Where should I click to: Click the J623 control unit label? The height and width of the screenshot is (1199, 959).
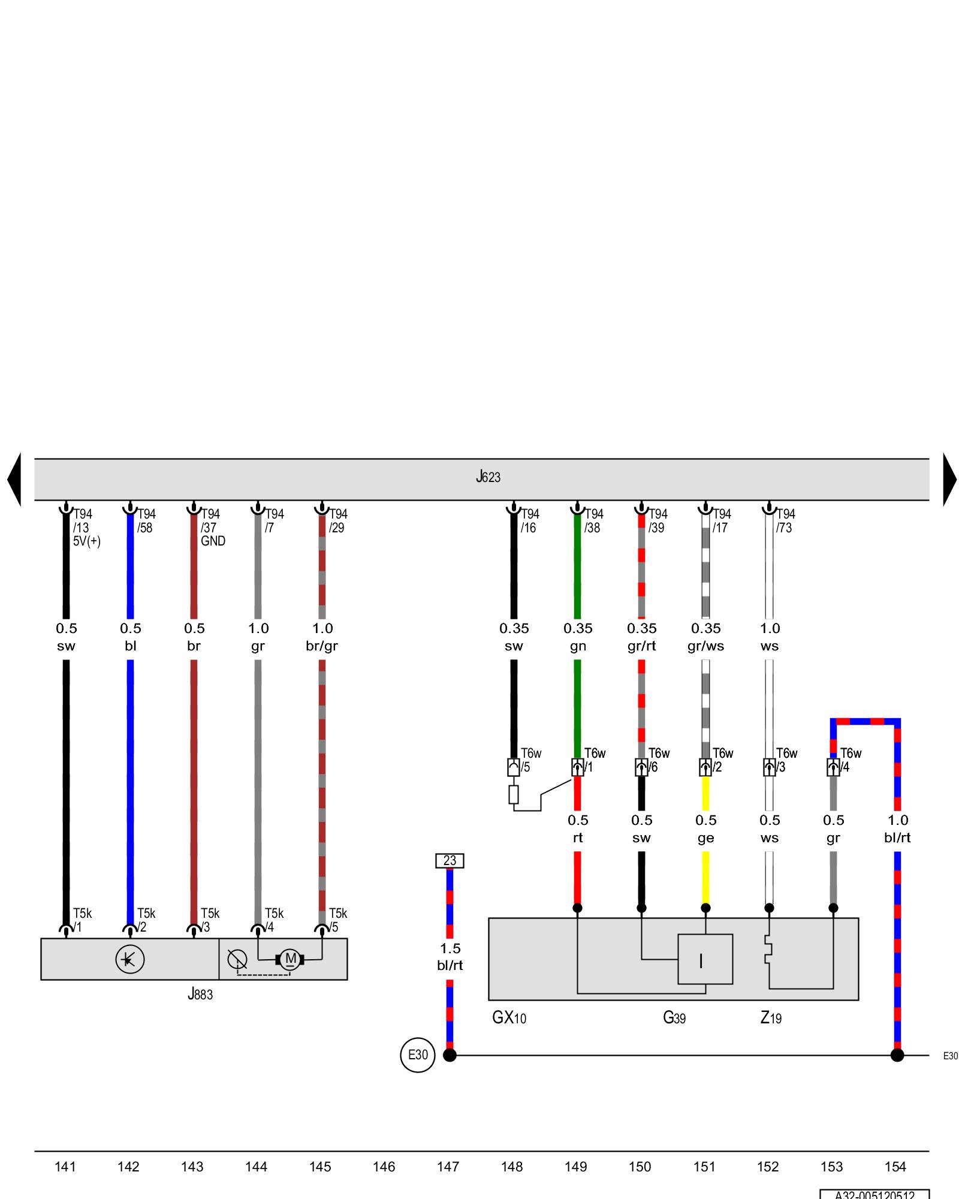[488, 477]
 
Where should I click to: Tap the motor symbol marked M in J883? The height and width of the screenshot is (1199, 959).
[290, 959]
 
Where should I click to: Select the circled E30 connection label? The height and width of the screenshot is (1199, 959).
[418, 1055]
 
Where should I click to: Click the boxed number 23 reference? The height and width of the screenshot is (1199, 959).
[450, 860]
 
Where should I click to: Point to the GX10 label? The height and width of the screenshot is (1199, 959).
[509, 1017]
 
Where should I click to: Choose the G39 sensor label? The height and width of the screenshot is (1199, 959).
[674, 1017]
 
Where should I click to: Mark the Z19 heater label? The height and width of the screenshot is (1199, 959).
[771, 1017]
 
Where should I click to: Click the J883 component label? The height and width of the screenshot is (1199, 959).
[200, 994]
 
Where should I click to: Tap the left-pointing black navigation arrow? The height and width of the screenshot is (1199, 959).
[14, 479]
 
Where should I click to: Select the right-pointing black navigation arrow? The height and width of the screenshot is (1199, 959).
[949, 479]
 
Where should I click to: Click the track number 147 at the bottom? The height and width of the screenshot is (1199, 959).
[448, 1167]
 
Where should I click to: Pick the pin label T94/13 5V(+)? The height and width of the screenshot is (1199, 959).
[86, 528]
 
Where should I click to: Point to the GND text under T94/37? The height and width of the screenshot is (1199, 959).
[213, 541]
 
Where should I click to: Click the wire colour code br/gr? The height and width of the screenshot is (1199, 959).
[322, 646]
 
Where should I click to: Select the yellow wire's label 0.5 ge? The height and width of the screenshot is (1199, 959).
[705, 829]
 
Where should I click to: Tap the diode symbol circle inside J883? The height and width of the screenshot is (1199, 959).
[129, 959]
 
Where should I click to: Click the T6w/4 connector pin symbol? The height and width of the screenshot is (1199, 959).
[833, 767]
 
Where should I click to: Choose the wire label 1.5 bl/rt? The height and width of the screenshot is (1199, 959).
[450, 957]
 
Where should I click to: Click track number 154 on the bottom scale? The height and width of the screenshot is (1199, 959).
[895, 1167]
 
